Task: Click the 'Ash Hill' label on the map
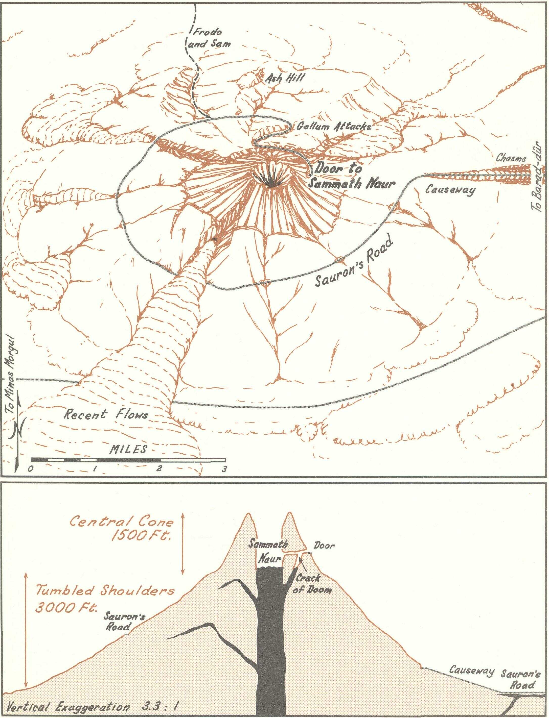[285, 78]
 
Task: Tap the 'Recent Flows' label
[105, 415]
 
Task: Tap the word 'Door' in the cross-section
[324, 545]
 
